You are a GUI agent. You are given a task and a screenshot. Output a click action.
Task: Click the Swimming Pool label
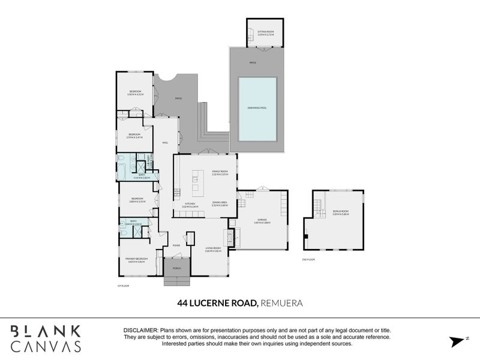tap(257, 108)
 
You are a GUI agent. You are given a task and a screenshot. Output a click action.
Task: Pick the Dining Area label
tap(219, 203)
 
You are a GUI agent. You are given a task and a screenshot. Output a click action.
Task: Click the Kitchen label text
tap(190, 204)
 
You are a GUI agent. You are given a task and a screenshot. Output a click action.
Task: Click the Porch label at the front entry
tap(176, 268)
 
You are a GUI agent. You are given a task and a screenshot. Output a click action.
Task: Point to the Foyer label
tap(176, 245)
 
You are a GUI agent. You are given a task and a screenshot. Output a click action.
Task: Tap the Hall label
tap(165, 142)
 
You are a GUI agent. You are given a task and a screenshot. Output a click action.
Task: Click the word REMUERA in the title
tap(282, 303)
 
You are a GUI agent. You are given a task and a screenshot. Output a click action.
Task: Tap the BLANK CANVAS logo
tap(46, 337)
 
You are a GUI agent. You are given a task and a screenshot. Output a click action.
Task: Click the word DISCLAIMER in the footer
tap(140, 331)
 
